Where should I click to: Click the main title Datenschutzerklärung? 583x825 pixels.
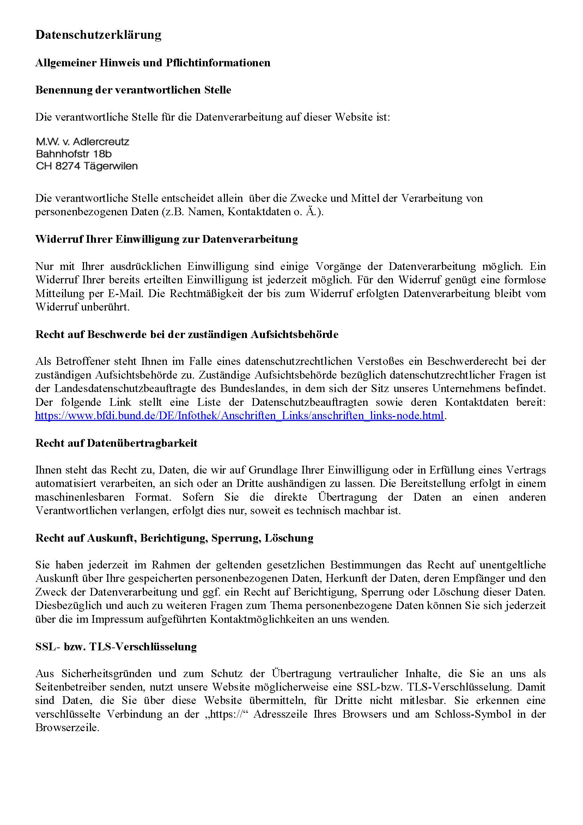(98, 35)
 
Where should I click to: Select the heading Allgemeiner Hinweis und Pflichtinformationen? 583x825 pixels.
(153, 63)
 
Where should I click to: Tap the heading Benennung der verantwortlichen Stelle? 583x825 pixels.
(133, 90)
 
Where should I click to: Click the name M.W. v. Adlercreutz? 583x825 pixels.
(82, 141)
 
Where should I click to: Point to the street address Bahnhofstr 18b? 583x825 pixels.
(74, 154)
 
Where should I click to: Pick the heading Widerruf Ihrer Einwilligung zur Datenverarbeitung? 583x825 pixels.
(166, 239)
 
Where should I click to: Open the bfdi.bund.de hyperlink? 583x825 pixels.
(239, 416)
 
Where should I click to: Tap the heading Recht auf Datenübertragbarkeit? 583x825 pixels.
(116, 443)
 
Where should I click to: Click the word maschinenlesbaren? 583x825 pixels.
(80, 497)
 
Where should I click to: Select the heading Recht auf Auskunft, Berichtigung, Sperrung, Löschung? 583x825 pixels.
(174, 538)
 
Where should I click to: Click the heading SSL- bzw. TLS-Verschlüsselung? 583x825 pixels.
(116, 646)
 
